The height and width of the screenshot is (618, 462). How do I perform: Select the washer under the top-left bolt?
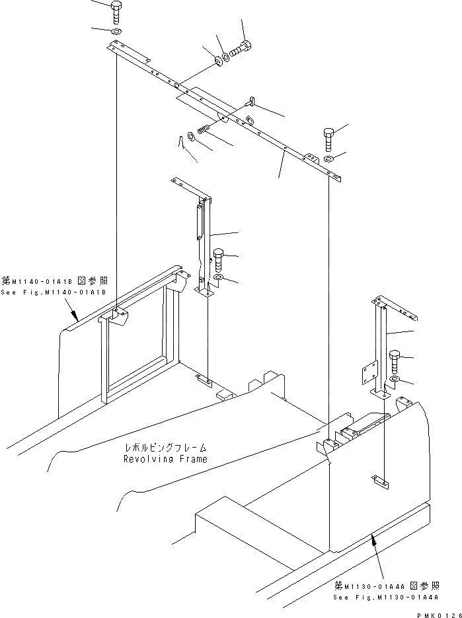(116, 32)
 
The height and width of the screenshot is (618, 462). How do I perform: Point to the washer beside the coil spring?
(191, 136)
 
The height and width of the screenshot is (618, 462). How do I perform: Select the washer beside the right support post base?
(395, 380)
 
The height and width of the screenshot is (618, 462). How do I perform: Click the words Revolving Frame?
(165, 458)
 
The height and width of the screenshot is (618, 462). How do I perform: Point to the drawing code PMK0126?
(437, 613)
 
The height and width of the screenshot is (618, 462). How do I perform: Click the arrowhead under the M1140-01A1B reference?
(75, 317)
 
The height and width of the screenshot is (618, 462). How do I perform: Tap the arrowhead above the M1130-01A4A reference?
(373, 538)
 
